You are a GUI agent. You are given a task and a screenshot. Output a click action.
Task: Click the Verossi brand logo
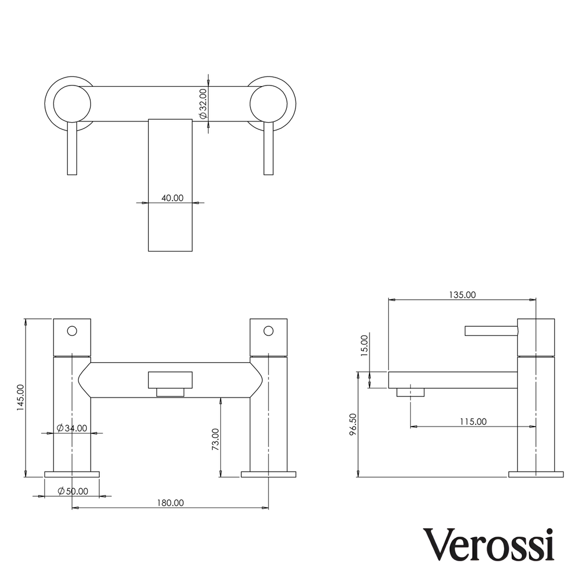[488, 545]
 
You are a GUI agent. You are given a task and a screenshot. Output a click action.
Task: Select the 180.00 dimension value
[171, 503]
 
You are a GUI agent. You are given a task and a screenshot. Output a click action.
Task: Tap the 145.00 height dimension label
[21, 398]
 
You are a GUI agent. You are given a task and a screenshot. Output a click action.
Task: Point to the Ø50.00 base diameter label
[73, 491]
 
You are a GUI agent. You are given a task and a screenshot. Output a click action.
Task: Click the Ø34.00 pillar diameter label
[72, 428]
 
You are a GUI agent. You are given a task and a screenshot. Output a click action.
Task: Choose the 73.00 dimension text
[215, 439]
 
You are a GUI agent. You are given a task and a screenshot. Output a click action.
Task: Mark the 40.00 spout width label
[172, 198]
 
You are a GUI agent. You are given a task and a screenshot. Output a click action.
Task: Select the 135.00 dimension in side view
[463, 295]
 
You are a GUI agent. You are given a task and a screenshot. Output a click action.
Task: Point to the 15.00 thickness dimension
[364, 345]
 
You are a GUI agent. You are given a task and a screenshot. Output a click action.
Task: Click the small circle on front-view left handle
[72, 331]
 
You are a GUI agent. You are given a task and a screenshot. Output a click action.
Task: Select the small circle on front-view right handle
[269, 331]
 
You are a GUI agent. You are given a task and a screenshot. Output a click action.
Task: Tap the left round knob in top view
[72, 104]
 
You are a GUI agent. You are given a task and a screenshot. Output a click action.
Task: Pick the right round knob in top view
[269, 104]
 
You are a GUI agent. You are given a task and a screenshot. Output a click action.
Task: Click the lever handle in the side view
[491, 331]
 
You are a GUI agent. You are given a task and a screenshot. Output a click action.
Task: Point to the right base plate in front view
[269, 474]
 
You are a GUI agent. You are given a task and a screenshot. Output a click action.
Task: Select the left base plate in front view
[72, 474]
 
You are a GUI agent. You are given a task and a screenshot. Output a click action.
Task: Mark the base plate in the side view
[536, 474]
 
